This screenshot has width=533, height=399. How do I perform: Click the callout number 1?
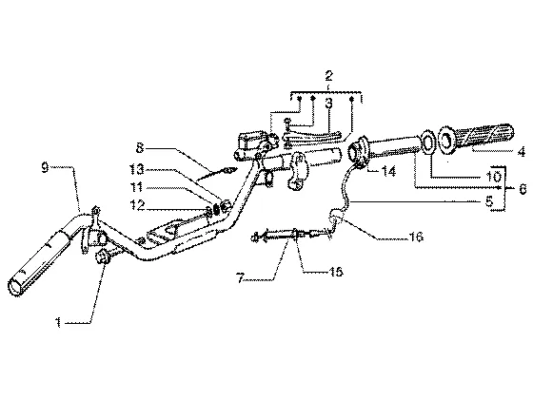(59, 322)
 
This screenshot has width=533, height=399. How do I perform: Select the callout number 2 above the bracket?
(328, 76)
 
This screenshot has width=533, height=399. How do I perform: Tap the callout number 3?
(328, 104)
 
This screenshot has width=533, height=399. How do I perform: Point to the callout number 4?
(522, 152)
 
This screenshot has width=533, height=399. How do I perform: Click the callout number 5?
(489, 201)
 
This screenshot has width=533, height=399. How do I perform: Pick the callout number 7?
(241, 279)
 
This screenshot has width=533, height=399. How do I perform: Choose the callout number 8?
(140, 148)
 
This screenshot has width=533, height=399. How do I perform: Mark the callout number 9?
(46, 167)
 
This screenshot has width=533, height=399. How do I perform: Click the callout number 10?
(493, 176)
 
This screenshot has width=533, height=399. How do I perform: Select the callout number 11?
(137, 187)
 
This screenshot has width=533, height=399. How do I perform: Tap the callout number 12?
(137, 204)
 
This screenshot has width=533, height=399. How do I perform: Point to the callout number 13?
(137, 169)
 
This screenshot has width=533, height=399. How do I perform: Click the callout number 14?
(388, 171)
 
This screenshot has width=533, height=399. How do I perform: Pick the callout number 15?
(335, 272)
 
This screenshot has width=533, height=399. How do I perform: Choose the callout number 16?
(416, 237)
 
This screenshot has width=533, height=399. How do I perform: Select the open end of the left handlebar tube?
(15, 287)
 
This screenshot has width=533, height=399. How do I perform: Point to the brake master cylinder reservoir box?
(248, 141)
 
